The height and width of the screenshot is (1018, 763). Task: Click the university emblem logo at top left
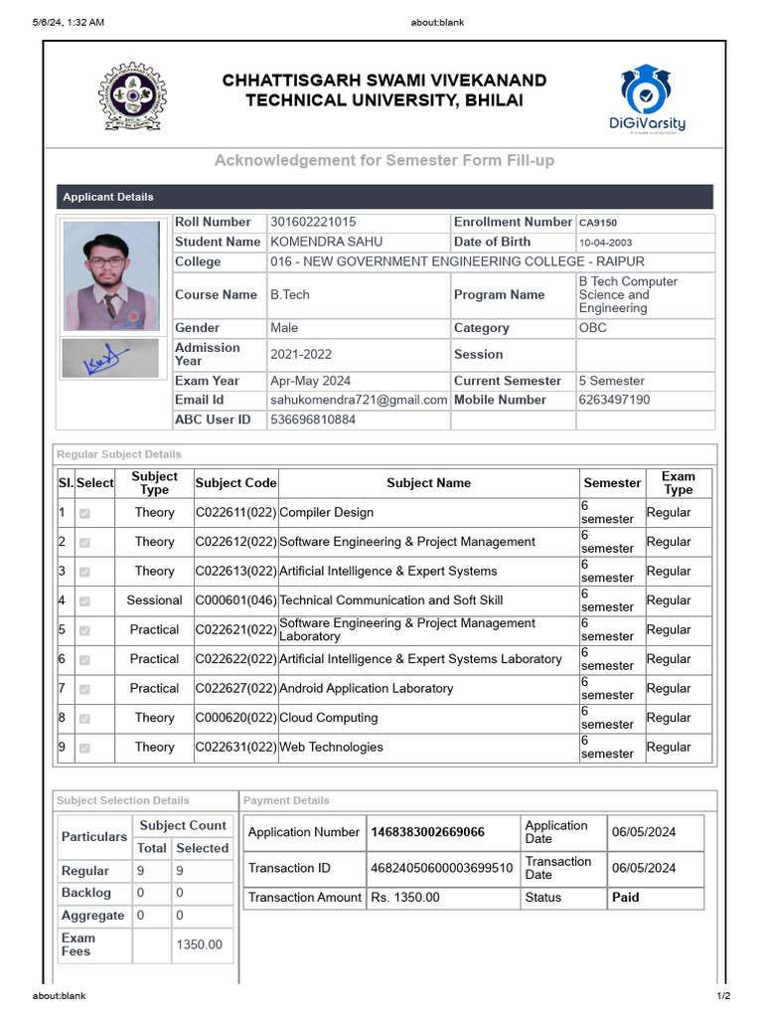click(132, 96)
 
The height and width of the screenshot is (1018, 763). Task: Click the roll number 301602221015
click(313, 222)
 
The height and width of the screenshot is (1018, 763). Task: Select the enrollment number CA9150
click(598, 223)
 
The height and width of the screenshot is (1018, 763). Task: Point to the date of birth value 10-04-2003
click(605, 243)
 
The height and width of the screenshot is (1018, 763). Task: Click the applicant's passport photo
click(110, 275)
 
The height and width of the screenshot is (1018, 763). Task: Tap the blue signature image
click(109, 359)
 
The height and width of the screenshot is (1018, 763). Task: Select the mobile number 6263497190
click(614, 400)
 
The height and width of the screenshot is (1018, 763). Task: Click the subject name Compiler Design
click(327, 512)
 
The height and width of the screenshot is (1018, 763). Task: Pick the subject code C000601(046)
click(235, 600)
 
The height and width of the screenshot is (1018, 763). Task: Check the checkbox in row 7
click(84, 689)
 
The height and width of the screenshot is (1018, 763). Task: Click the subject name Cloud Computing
click(329, 718)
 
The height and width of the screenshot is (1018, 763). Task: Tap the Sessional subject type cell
click(154, 600)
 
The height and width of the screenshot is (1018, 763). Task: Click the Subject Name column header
click(428, 483)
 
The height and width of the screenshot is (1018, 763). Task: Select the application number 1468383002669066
click(427, 832)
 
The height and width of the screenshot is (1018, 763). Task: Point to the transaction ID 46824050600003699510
click(441, 868)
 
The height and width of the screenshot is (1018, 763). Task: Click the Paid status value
click(625, 897)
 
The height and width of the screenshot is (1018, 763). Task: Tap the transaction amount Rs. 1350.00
click(404, 897)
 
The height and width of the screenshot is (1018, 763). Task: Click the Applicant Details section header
click(108, 197)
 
